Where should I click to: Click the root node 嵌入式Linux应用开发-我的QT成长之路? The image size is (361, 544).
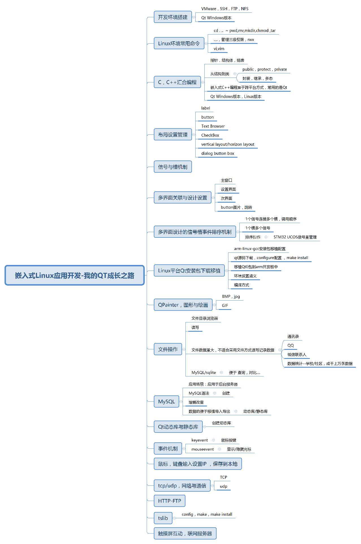coord(74,275)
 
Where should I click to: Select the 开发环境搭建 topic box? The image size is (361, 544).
coord(173,17)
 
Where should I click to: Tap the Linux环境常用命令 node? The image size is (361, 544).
coord(179,43)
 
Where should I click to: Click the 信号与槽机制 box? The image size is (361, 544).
coord(173,167)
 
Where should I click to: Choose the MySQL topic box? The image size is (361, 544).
coord(167,401)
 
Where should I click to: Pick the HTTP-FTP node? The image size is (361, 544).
coord(169,501)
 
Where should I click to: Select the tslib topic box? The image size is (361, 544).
coord(163,518)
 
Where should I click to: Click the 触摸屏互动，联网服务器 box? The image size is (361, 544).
coord(185,533)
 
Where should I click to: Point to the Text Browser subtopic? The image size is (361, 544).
coord(213,126)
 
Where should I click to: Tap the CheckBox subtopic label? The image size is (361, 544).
coord(210,135)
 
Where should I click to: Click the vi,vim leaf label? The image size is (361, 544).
coord(219,49)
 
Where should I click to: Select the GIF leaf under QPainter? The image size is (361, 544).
coord(225,305)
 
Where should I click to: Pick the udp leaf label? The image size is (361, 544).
coord(224,486)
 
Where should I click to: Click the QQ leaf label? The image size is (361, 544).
coord(291,345)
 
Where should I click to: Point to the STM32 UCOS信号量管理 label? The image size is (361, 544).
coord(295,237)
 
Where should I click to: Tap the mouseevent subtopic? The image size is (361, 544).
coord(202,449)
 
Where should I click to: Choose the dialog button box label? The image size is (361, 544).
coord(218,153)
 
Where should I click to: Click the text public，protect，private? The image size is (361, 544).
coord(265,69)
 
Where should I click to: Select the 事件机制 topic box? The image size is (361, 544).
coord(168,448)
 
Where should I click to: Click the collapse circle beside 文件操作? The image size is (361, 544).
coord(184,349)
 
